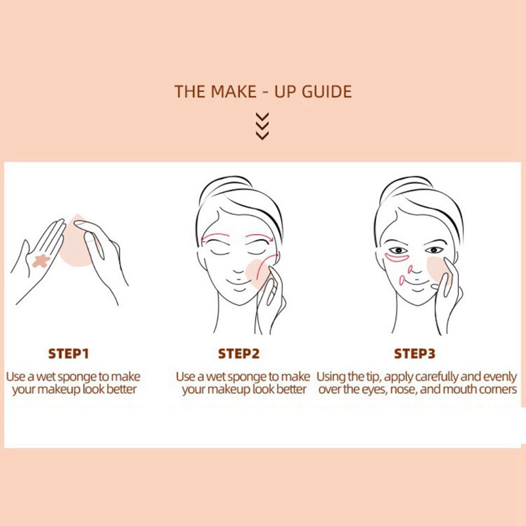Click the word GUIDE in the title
point(327,91)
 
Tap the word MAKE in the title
point(233,91)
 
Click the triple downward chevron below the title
point(262,126)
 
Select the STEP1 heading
point(68,354)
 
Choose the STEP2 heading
point(239,354)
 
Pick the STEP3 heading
point(415,354)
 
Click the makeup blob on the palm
point(41,261)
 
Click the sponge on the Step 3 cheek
point(438,268)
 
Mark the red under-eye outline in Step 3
point(397,258)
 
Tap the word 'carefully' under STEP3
point(437,377)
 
